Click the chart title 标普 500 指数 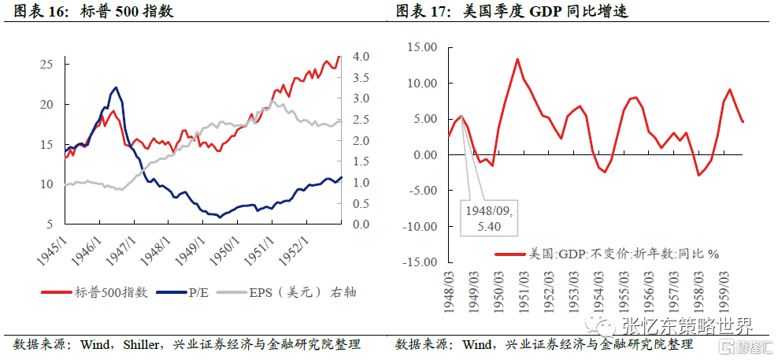point(127,12)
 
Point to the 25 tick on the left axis point(46,64)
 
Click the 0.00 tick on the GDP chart point(423,155)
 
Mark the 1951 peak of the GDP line point(517,59)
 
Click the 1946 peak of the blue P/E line point(116,87)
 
